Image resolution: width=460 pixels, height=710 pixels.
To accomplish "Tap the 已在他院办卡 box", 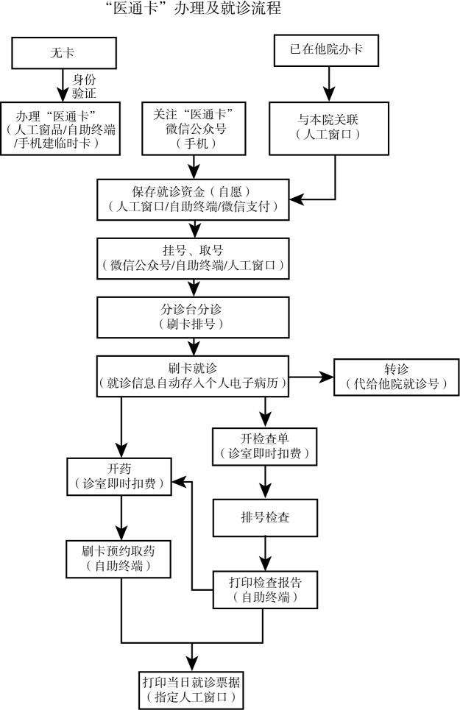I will pos(327,49).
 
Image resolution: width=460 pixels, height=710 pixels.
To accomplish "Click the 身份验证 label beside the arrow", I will pos(84,85).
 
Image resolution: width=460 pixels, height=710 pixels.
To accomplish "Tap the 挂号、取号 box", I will pos(194,258).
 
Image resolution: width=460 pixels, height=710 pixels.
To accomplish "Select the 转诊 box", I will pos(390,377).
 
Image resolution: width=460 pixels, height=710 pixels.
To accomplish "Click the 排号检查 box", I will pos(265,517).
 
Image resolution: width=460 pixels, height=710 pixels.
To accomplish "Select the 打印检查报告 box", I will pos(265,589).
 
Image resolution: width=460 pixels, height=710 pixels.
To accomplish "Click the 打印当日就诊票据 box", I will pos(193,688).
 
